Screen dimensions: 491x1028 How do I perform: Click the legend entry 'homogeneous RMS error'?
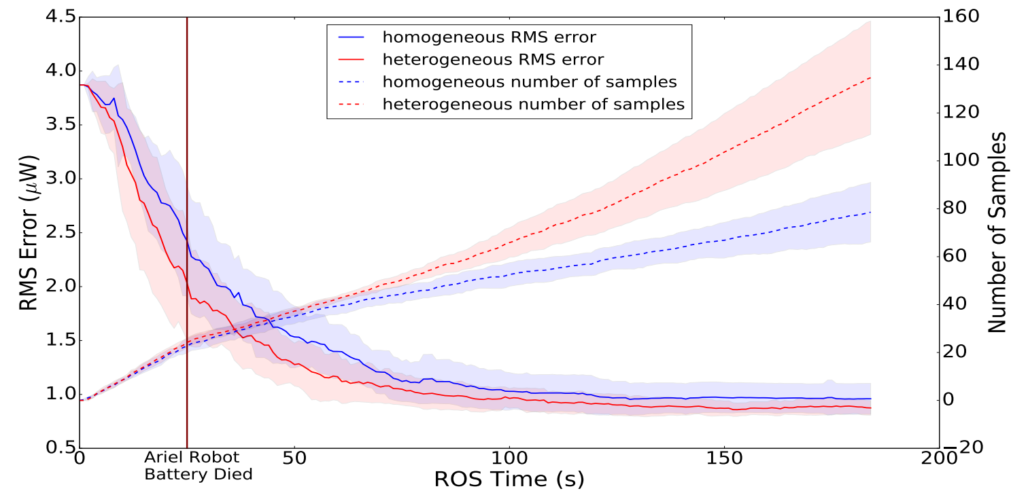click(489, 37)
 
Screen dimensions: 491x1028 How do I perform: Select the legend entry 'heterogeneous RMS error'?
click(493, 59)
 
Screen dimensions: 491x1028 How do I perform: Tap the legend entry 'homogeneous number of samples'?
click(530, 82)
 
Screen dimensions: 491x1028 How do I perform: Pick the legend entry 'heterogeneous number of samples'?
click(533, 105)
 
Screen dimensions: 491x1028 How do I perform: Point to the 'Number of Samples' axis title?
click(997, 232)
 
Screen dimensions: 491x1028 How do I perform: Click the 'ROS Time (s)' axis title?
click(509, 479)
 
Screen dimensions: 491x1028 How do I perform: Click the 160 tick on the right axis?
click(959, 17)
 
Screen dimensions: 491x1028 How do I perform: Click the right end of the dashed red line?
click(871, 77)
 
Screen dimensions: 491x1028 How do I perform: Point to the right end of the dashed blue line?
click(871, 213)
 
